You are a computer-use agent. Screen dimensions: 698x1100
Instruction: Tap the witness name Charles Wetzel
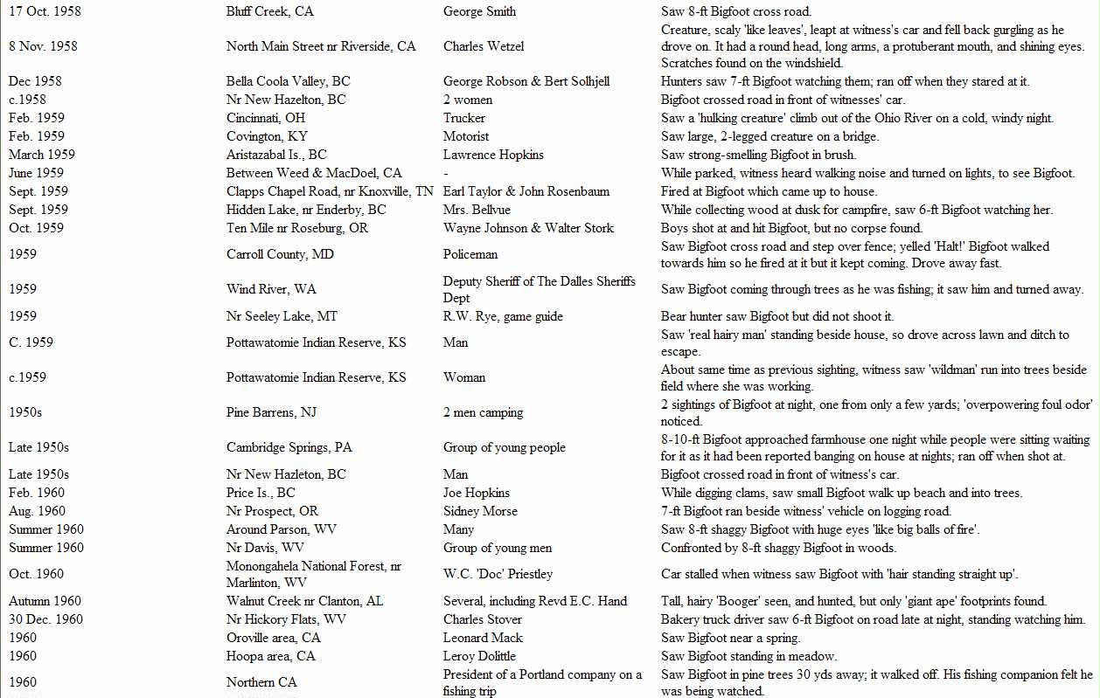coord(484,46)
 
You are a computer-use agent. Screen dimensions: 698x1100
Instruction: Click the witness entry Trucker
coord(464,118)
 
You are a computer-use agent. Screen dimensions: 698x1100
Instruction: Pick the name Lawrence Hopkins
coord(493,155)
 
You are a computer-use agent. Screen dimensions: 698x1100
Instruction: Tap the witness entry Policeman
coord(470,254)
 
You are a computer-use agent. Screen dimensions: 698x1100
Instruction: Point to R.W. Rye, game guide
coord(503,316)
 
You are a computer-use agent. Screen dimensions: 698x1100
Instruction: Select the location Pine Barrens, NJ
coord(270,412)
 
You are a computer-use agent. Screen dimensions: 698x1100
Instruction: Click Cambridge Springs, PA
coord(289,447)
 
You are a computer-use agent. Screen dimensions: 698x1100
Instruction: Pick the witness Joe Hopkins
coord(477,493)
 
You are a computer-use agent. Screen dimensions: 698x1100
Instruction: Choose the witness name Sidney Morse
coord(480,511)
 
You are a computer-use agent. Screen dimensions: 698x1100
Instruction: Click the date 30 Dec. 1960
coord(45,619)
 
